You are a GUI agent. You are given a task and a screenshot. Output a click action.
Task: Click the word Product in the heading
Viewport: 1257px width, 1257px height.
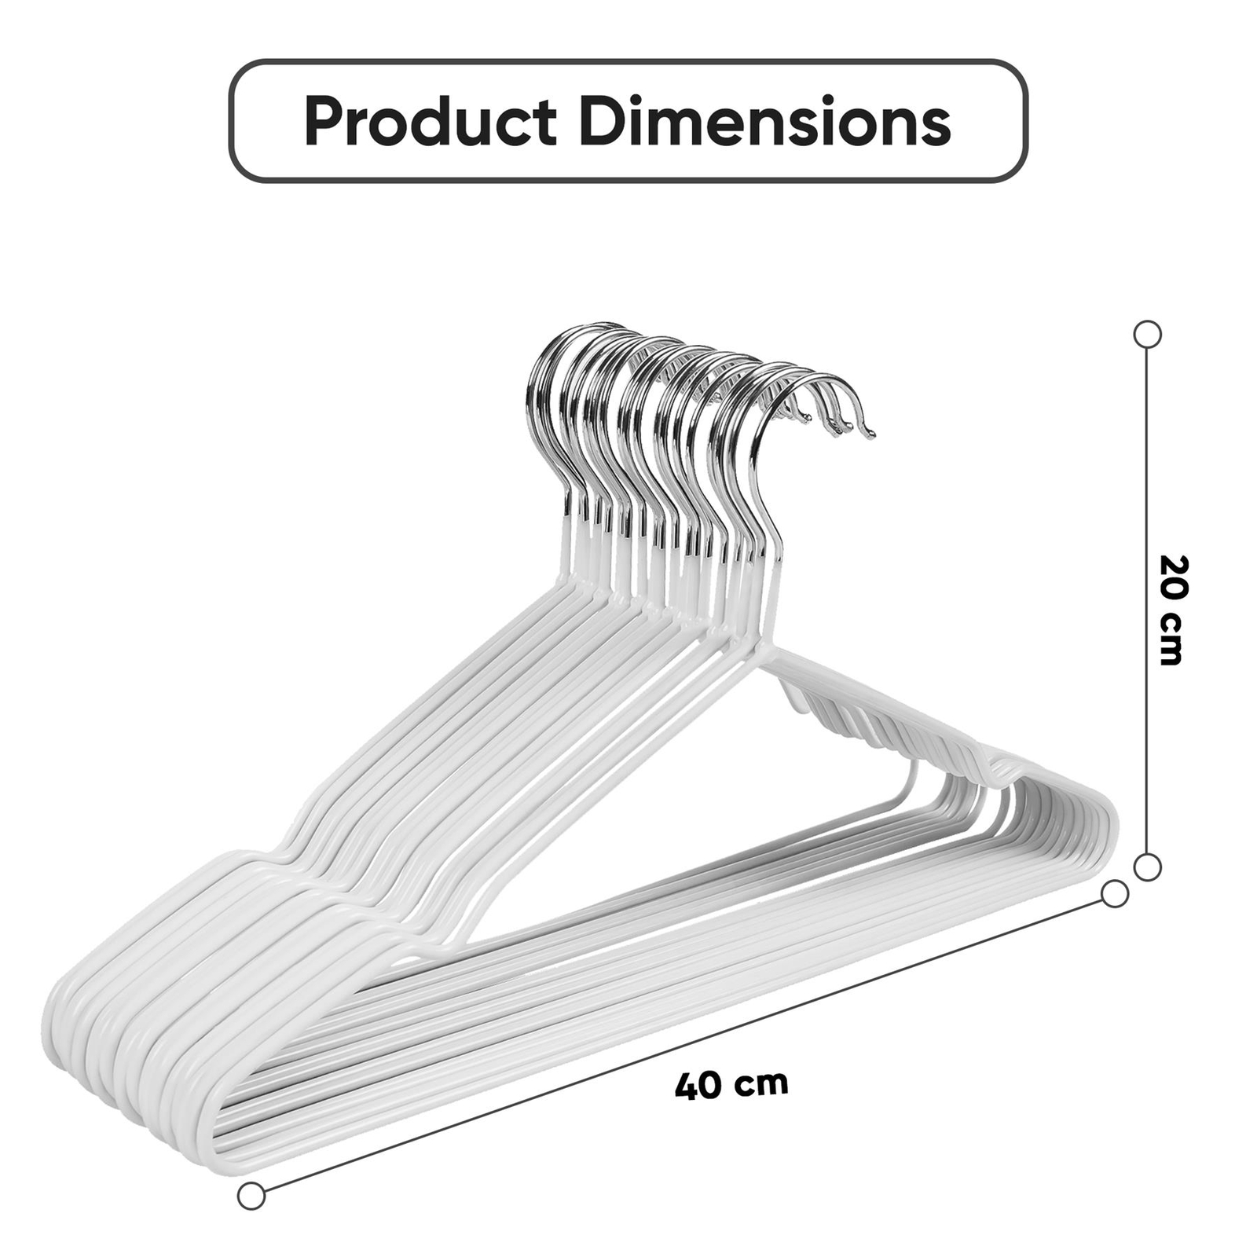pos(430,122)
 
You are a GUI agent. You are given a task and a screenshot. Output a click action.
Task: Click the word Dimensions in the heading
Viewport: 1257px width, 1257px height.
pos(767,122)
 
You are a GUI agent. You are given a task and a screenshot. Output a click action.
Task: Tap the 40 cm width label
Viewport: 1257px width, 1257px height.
pos(731,1085)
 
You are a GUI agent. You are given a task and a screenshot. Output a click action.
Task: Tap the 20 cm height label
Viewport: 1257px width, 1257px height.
pos(1171,610)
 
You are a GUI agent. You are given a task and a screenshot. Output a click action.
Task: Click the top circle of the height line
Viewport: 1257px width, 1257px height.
pos(1148,334)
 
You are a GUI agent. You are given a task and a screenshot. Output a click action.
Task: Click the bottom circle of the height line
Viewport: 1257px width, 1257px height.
pos(1148,867)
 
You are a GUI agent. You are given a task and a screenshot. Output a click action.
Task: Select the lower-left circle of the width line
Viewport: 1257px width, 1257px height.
pos(251,1196)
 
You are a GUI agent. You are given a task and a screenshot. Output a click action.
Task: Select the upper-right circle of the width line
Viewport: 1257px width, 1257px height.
pos(1115,894)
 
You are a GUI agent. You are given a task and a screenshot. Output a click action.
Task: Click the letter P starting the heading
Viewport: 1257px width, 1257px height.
pos(322,122)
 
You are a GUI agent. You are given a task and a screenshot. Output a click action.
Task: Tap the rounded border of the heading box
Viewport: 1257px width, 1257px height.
pos(628,61)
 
